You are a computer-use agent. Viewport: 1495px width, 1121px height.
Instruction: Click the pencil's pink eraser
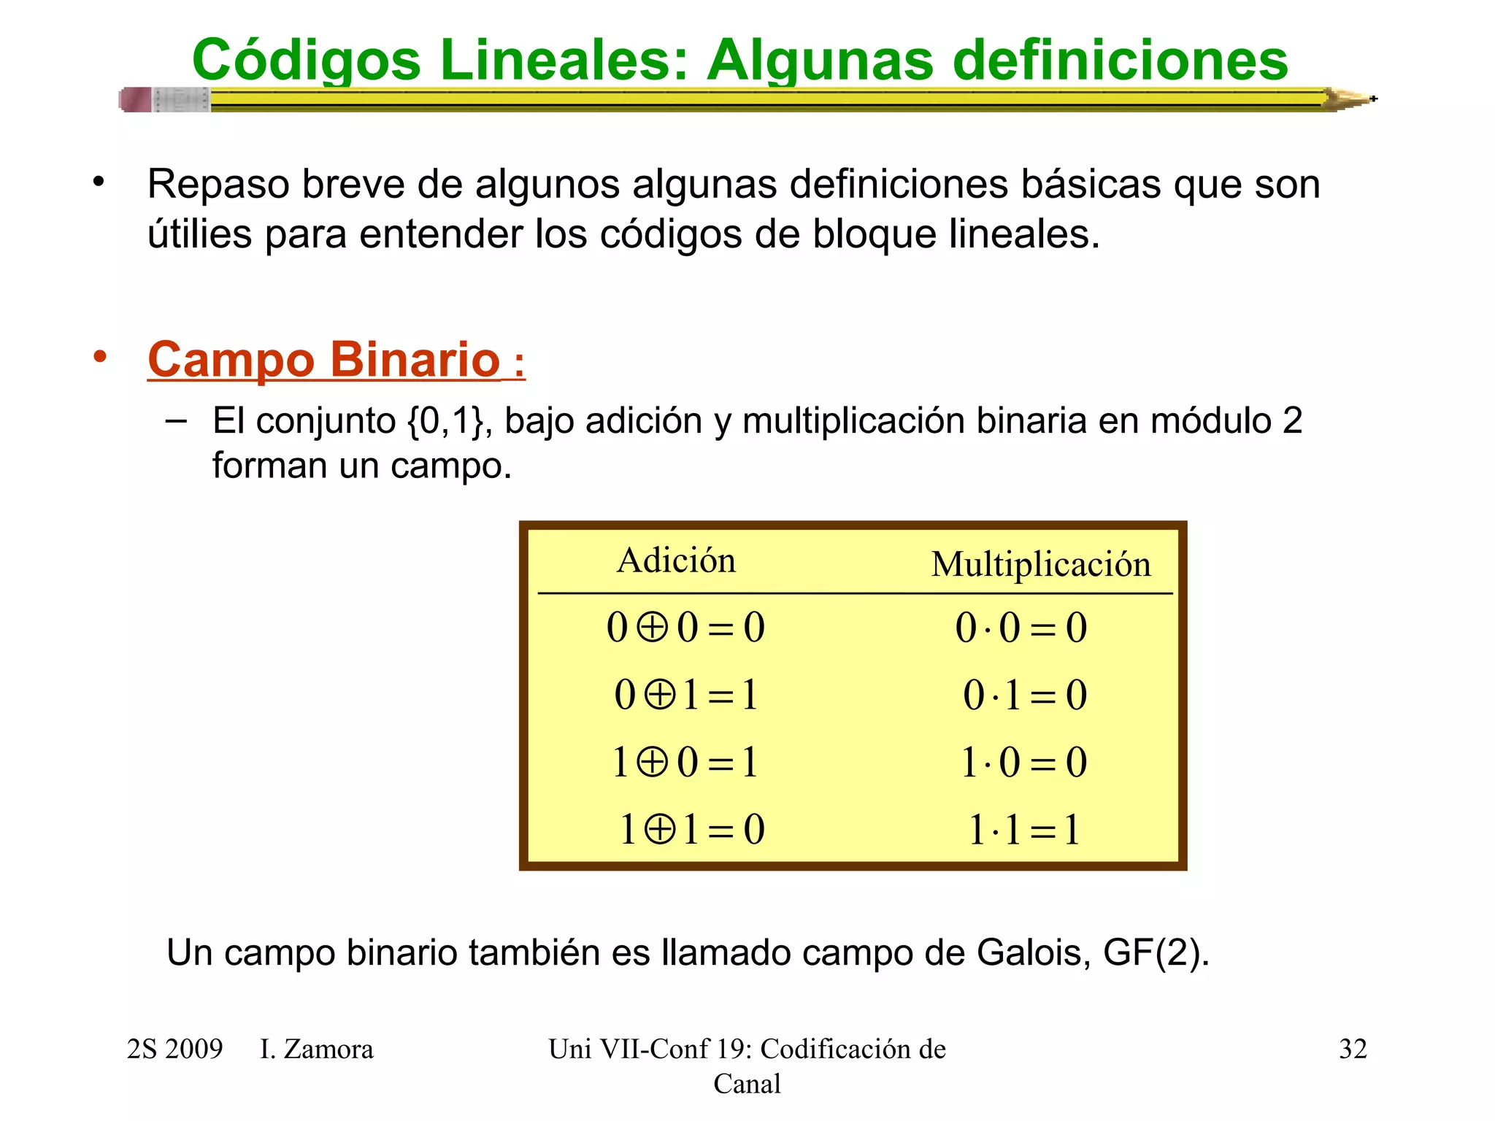136,99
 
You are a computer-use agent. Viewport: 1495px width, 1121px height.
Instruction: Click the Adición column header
676,560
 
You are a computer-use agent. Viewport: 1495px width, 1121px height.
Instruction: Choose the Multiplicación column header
1041,565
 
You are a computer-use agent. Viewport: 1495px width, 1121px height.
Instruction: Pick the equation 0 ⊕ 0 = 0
685,628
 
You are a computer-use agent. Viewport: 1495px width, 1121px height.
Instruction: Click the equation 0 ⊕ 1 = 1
685,695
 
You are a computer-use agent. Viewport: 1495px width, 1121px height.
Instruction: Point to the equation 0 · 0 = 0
1021,628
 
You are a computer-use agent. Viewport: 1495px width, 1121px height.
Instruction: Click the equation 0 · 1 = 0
1024,695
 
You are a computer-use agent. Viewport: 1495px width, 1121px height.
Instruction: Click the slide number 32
1353,1049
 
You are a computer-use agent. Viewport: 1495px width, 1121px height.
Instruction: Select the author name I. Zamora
317,1049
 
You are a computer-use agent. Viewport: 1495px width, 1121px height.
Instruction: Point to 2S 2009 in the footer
174,1049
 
